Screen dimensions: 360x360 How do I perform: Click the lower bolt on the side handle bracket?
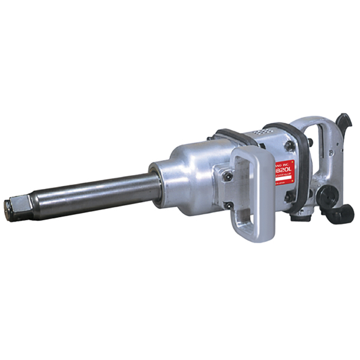tap(229, 206)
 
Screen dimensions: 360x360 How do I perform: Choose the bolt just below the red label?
tap(289, 196)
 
